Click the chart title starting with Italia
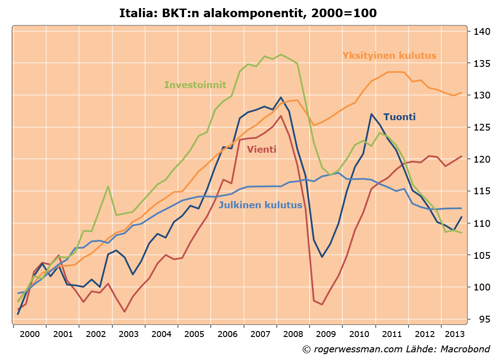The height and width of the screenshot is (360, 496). (248, 13)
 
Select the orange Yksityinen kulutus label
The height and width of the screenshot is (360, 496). (389, 56)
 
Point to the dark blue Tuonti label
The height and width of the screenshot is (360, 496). (399, 117)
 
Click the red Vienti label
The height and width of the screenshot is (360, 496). (261, 150)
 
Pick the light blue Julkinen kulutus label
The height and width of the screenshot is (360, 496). (260, 205)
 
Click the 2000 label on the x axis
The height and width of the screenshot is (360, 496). (29, 335)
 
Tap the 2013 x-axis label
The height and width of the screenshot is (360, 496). (453, 335)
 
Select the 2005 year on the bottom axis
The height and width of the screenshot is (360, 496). (194, 335)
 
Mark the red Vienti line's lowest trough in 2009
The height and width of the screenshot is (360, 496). (322, 304)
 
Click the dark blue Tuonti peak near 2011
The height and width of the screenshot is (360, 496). (371, 114)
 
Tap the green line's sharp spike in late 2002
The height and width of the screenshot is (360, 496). (108, 186)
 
